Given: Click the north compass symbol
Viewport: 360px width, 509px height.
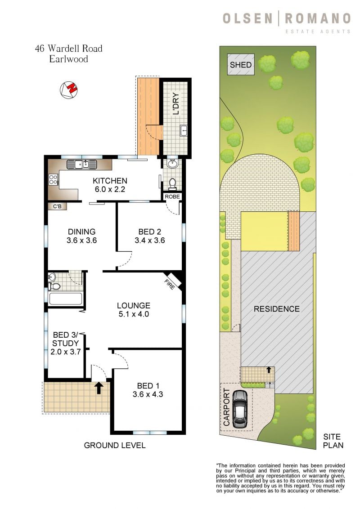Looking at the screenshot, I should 69,89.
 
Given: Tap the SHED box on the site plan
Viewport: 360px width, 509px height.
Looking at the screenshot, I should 241,65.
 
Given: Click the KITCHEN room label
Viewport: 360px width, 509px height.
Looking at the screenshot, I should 110,181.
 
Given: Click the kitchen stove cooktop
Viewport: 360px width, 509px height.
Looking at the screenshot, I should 53,180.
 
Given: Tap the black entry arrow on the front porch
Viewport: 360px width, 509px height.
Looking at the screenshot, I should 99,387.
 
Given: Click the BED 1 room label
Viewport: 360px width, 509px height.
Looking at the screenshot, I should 148,386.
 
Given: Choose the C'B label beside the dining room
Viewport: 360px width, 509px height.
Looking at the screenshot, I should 57,206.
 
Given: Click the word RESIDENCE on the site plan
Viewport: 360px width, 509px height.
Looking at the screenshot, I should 276,309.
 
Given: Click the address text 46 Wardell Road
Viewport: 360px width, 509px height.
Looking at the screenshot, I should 69,49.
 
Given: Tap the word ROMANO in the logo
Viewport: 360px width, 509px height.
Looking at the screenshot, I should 317,18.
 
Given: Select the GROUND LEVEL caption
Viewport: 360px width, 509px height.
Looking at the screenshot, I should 115,446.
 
